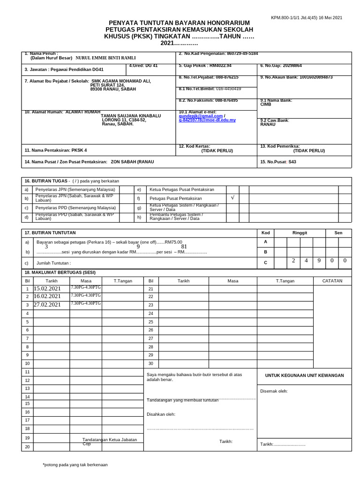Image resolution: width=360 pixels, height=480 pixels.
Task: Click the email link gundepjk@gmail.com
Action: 200,116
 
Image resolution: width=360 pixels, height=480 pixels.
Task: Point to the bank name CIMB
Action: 265,105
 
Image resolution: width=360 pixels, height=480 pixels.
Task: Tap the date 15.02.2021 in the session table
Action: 47,289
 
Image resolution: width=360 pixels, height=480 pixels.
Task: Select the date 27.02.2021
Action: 47,305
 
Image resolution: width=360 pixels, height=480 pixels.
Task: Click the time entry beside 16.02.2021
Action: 86,295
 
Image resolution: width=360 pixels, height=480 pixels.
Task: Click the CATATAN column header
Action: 332,281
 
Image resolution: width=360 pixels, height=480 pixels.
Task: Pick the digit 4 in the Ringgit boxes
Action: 306,261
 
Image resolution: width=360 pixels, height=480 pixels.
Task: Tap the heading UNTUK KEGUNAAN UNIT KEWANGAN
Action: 304,375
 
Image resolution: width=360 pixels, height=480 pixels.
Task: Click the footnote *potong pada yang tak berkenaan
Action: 75,465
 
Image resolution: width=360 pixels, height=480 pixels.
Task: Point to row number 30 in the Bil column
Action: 150,363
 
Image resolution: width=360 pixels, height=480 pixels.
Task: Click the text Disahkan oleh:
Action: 161,414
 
